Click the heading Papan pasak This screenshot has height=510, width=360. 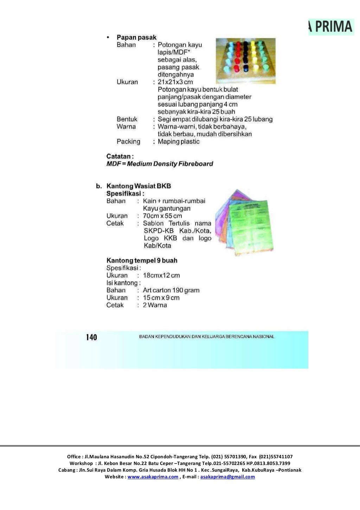(x=136, y=37)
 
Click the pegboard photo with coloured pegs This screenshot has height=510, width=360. (x=245, y=60)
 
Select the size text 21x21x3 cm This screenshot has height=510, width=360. (x=175, y=82)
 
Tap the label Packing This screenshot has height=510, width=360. (x=128, y=141)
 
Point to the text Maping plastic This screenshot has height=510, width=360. (x=179, y=141)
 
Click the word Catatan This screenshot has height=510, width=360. (x=119, y=156)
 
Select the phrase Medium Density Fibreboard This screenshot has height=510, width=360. (x=170, y=164)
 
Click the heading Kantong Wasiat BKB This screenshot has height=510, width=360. (x=139, y=186)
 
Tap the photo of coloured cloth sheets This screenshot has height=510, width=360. (x=244, y=221)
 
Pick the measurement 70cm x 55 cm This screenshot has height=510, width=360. (x=162, y=216)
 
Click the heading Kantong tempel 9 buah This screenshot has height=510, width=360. (x=142, y=261)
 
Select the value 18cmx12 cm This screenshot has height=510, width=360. (x=161, y=275)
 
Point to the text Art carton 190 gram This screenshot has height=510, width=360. (x=171, y=290)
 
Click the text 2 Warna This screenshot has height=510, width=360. (x=155, y=305)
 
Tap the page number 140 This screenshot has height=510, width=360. (x=91, y=337)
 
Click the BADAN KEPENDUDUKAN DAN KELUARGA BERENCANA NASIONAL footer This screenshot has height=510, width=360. (x=207, y=337)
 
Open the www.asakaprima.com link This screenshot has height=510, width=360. (x=153, y=477)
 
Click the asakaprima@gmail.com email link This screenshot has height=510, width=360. (x=227, y=477)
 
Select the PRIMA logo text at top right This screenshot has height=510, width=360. (x=333, y=27)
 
